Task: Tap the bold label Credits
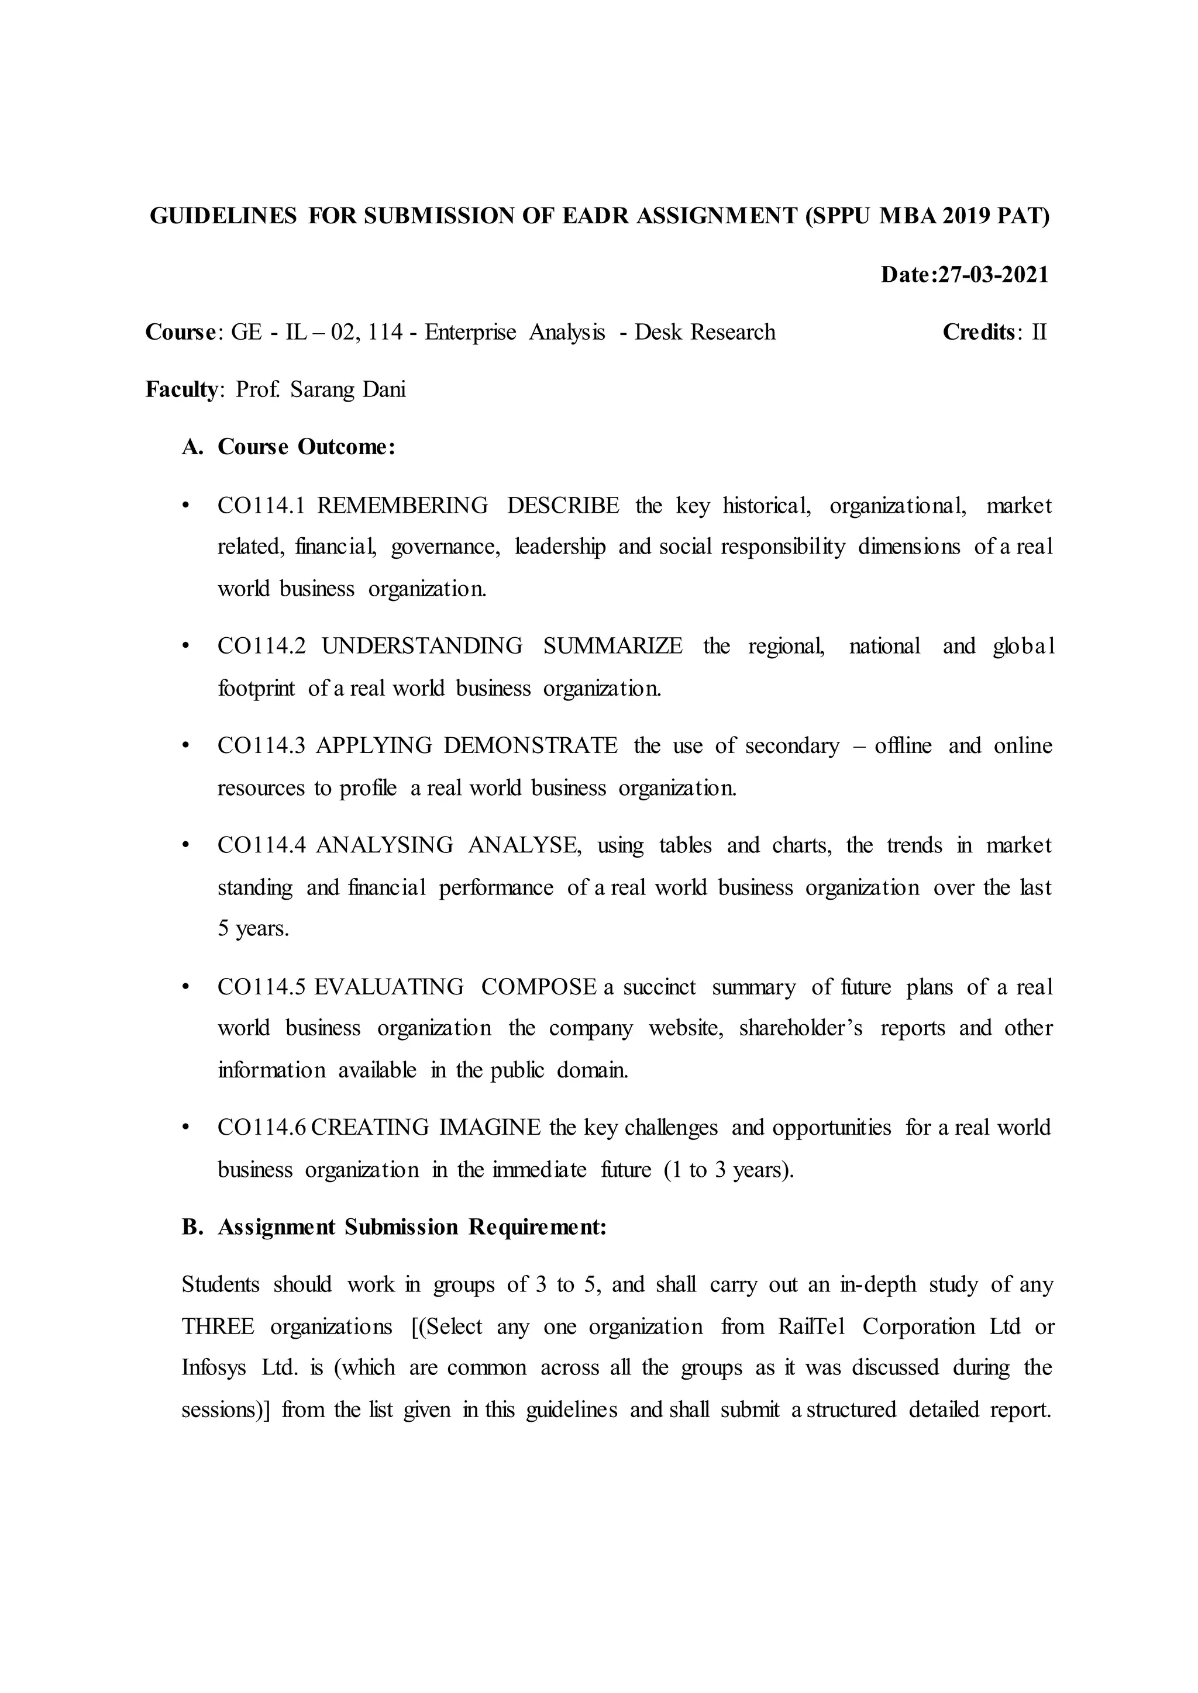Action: click(x=978, y=333)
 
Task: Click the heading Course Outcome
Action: click(x=306, y=448)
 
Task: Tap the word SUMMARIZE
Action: click(x=612, y=647)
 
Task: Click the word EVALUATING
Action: click(x=389, y=987)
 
